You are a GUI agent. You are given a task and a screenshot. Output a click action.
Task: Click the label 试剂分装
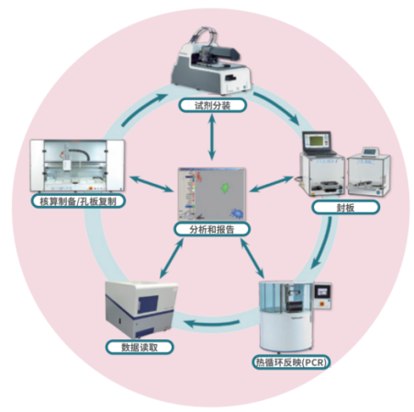point(213,106)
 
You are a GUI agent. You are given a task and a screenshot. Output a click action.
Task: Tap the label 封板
point(346,208)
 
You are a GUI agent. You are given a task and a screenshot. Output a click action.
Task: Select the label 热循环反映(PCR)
point(291,362)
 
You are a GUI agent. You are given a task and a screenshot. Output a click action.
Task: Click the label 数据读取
point(140,348)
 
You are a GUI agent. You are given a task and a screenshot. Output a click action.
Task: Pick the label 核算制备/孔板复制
point(78,201)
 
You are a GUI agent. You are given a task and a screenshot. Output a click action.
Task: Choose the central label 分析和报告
point(212,229)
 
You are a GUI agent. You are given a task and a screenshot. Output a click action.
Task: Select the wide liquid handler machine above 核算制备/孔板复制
point(77,166)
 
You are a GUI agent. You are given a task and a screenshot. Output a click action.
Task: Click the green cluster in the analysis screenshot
point(225,188)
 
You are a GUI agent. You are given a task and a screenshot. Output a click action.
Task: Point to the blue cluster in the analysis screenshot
point(237,213)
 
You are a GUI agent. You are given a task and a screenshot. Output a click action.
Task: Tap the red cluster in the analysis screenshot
point(199,177)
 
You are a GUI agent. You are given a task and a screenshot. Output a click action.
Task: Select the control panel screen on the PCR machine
point(323,292)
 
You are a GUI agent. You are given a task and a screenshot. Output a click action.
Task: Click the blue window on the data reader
point(148,304)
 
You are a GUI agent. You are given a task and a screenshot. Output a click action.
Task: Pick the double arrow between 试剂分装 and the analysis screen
point(212,136)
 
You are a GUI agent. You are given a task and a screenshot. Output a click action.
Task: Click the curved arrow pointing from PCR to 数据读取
point(212,323)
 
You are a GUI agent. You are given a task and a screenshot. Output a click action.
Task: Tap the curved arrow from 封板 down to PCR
point(323,243)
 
